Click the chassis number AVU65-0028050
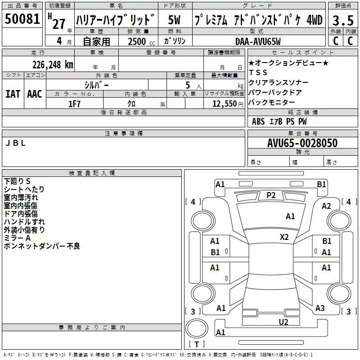point(302,144)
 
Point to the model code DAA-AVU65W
point(258,41)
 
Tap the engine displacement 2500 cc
point(138,41)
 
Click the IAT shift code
point(13,94)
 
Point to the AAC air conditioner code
point(35,94)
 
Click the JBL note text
point(16,144)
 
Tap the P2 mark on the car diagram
point(271,195)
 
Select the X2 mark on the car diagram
point(284,237)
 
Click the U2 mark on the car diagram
point(283,321)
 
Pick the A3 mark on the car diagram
point(320,308)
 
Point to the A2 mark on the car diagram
point(326,206)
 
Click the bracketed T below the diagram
point(197,345)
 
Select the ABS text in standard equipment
point(258,121)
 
